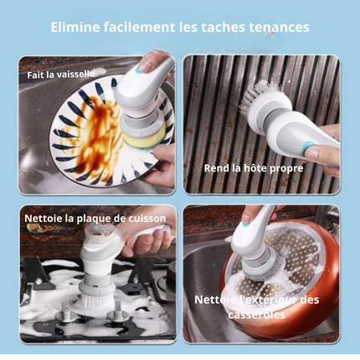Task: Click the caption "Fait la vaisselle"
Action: pos(61,75)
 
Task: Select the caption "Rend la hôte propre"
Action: pos(254,168)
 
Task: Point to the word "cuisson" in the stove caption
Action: pos(147,219)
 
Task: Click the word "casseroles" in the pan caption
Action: pos(256,315)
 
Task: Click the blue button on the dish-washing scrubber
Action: pos(138,71)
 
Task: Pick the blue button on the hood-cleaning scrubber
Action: pos(308,145)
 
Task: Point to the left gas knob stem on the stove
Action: pos(66,312)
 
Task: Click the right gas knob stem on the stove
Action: pos(118,314)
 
